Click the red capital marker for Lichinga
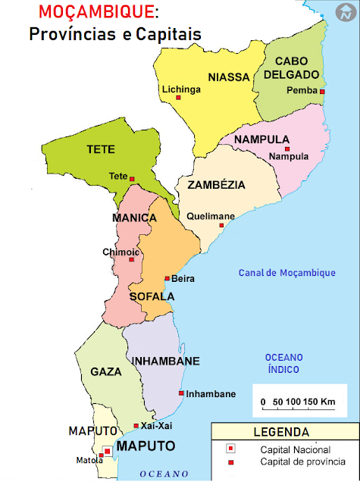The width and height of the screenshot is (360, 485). coord(179,97)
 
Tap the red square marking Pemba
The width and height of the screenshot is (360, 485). coord(322,91)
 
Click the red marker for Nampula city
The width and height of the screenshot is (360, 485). coord(287,149)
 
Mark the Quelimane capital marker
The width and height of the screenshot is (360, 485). coord(221,225)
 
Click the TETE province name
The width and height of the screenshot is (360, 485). coord(101,149)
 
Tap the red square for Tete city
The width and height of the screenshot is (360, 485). coord(132,179)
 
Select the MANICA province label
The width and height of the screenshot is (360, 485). coord(134,218)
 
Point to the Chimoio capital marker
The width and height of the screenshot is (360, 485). coord(131,260)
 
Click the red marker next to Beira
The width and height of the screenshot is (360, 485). coord(167,278)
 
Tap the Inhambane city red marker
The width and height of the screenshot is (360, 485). coord(181,393)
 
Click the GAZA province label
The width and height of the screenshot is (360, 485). coord(106,372)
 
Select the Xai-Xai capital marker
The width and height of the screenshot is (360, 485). coord(136,426)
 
